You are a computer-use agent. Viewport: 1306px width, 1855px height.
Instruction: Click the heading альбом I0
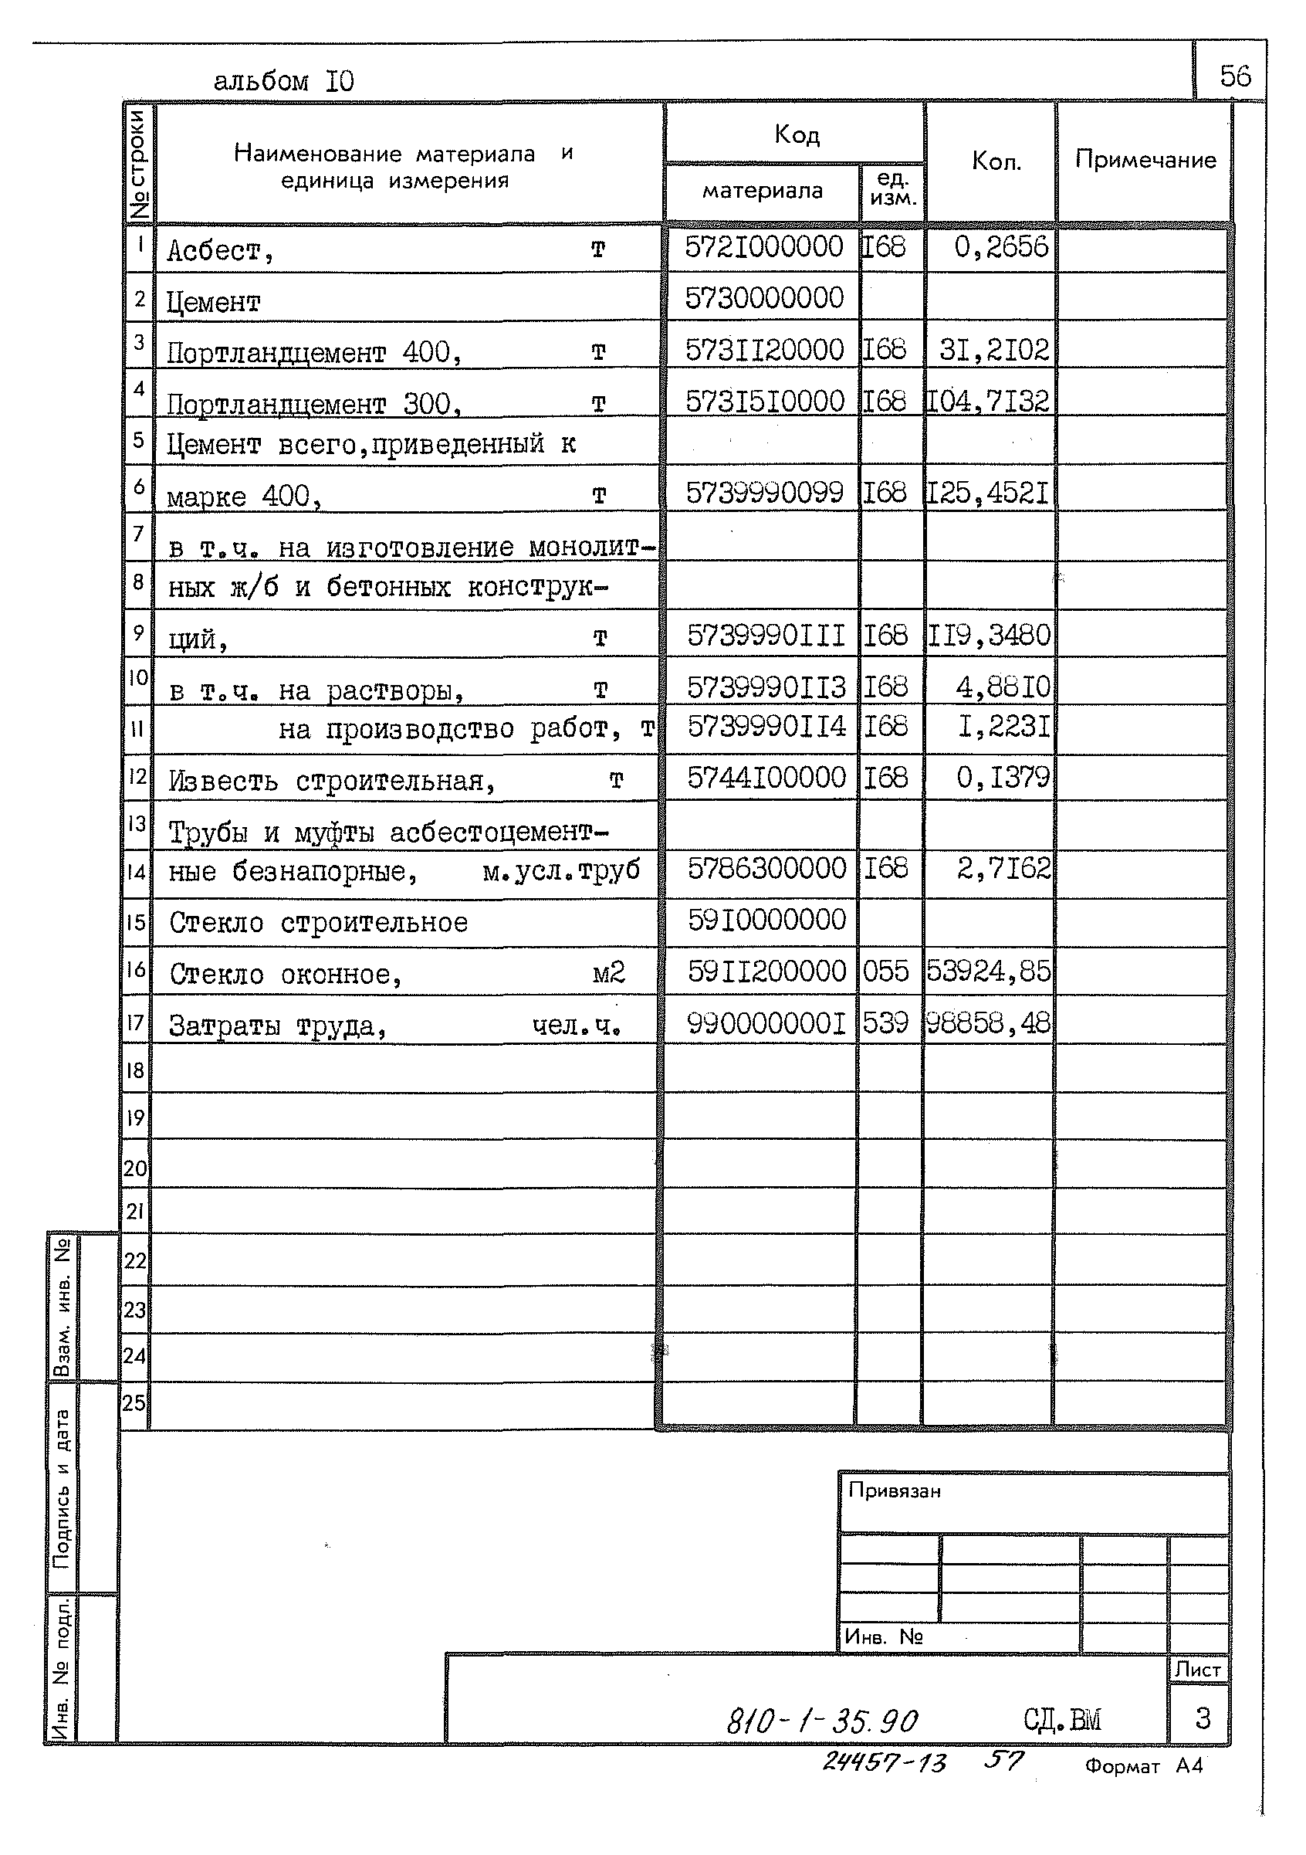coord(283,81)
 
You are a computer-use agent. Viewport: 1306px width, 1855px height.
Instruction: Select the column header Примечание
coord(1145,159)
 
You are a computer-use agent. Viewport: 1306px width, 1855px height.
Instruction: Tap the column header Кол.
coord(996,161)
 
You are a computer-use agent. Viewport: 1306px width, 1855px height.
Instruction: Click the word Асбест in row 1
coord(214,251)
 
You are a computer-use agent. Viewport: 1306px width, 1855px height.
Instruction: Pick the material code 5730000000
coord(764,298)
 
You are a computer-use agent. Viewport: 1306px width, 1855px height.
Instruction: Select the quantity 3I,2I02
coord(994,350)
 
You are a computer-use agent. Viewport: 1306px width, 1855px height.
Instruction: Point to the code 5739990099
coord(764,492)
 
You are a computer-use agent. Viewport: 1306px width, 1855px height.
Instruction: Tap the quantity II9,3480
coord(989,635)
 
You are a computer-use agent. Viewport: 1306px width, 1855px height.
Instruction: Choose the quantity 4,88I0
coord(1003,687)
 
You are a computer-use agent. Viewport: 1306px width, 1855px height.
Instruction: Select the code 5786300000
coord(766,869)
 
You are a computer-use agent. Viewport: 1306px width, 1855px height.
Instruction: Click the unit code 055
coord(885,970)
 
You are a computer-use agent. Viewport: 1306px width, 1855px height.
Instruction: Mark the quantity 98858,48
coord(989,1022)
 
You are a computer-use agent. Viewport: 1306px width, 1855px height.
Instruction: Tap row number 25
coord(134,1402)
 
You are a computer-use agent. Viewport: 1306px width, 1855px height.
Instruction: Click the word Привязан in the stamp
coord(894,1490)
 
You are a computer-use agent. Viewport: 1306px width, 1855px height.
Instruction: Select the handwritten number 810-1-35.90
coord(821,1721)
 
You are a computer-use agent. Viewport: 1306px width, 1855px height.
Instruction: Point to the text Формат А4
coord(1143,1766)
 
